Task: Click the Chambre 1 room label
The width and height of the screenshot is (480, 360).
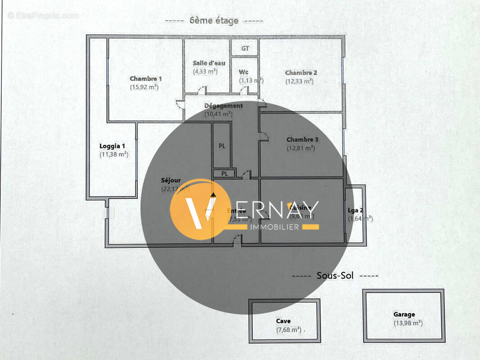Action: (x=145, y=78)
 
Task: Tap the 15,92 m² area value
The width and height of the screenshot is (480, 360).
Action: (x=145, y=87)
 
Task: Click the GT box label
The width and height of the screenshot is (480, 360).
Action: (x=245, y=48)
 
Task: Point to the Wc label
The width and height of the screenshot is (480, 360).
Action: (x=244, y=72)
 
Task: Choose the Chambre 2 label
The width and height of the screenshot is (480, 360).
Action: (x=301, y=72)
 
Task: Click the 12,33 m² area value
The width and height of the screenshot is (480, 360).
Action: (x=299, y=81)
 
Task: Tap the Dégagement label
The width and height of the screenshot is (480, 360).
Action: (x=223, y=106)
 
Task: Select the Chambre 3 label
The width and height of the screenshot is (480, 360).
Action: (x=302, y=139)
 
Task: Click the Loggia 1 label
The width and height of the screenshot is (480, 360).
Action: (x=112, y=146)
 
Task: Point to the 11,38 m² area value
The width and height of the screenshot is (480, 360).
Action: (x=114, y=154)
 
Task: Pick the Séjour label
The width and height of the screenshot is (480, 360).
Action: (x=171, y=180)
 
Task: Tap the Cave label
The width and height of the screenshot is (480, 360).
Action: (x=283, y=321)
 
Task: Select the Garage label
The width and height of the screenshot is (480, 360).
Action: (x=404, y=315)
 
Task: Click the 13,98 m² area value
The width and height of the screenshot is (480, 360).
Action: (x=408, y=323)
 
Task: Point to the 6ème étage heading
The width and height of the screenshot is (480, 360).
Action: (x=214, y=21)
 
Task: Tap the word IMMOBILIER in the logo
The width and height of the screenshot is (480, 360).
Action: (x=274, y=227)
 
